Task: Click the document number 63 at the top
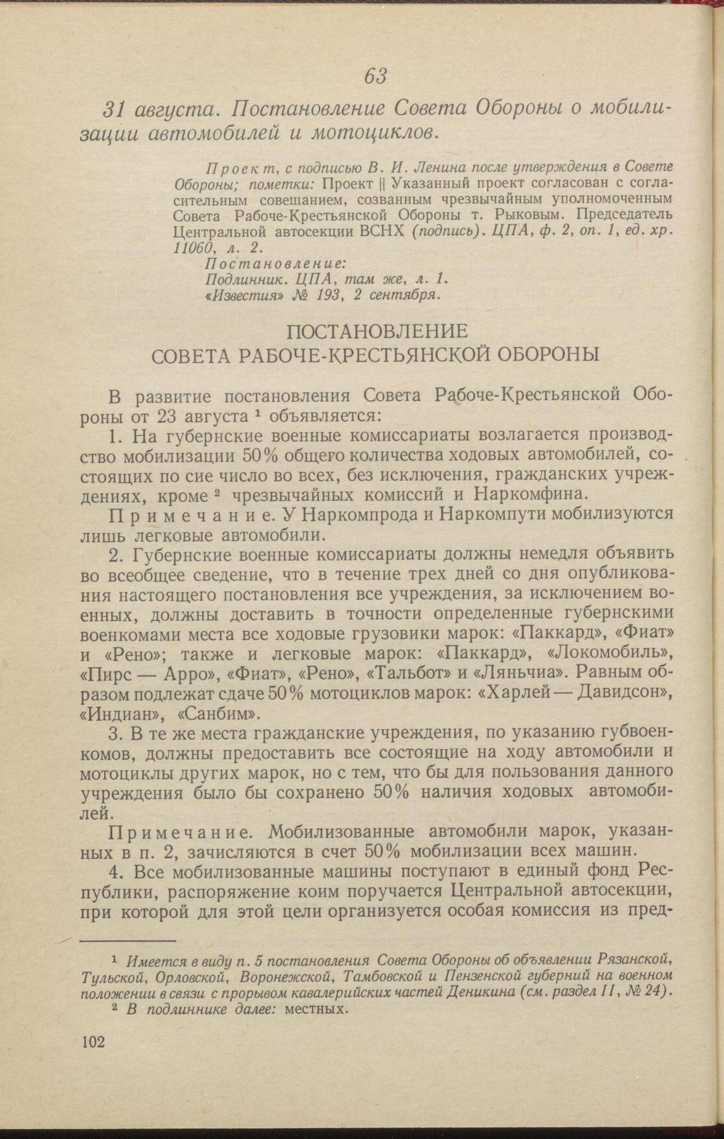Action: tap(375, 76)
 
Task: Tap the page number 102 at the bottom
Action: tap(93, 1042)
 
